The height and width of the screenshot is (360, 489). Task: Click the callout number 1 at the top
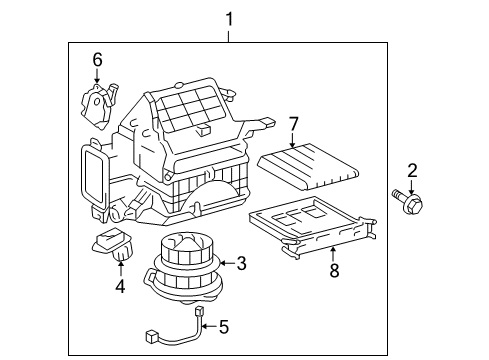[229, 19]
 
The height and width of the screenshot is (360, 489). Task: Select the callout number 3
[240, 263]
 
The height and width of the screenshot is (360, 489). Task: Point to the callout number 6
[97, 60]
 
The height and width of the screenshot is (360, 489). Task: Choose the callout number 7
[293, 124]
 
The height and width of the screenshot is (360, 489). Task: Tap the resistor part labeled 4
[114, 246]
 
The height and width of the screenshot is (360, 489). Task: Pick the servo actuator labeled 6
[98, 101]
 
